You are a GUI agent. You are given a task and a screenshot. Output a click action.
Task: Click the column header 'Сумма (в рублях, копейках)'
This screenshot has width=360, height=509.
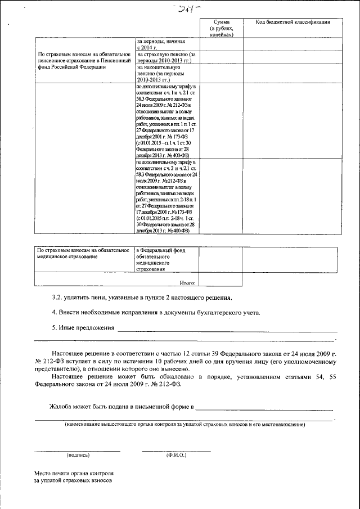pos(220,28)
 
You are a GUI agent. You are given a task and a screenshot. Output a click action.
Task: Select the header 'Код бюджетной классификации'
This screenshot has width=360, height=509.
pos(292,22)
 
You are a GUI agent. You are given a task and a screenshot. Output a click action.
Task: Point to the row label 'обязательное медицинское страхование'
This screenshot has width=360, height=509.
pos(83,253)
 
